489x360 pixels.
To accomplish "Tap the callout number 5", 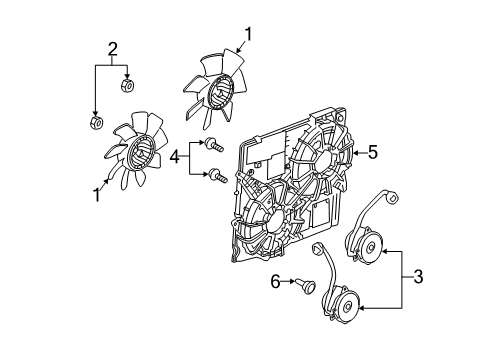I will (373, 153).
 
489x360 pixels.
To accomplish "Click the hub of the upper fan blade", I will (219, 83).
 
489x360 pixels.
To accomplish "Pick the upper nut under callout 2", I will (127, 86).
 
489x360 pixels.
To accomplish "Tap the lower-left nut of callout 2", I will (93, 122).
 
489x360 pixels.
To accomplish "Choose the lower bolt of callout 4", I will (215, 177).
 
